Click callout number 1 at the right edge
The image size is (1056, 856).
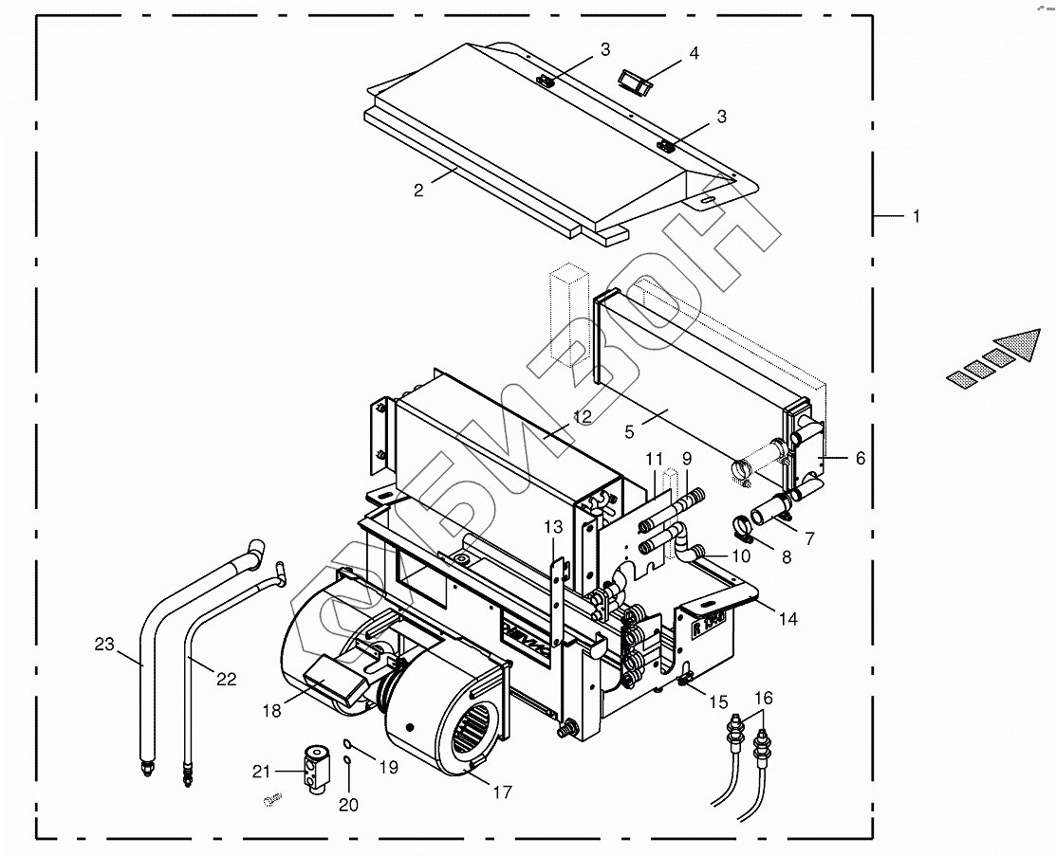coord(916,217)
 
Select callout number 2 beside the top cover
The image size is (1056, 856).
coord(418,190)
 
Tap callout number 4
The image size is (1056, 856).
coord(694,54)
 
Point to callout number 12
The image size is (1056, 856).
coord(582,416)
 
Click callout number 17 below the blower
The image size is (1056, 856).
coord(503,792)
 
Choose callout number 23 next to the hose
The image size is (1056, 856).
coord(103,645)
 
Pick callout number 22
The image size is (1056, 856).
coord(226,679)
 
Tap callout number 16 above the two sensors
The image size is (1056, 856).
coord(764,699)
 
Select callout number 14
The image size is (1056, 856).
coord(788,619)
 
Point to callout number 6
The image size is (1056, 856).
coord(860,458)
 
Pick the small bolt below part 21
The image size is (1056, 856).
coord(270,802)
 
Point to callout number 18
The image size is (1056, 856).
coord(272,710)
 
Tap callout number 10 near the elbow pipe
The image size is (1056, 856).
coord(740,557)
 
